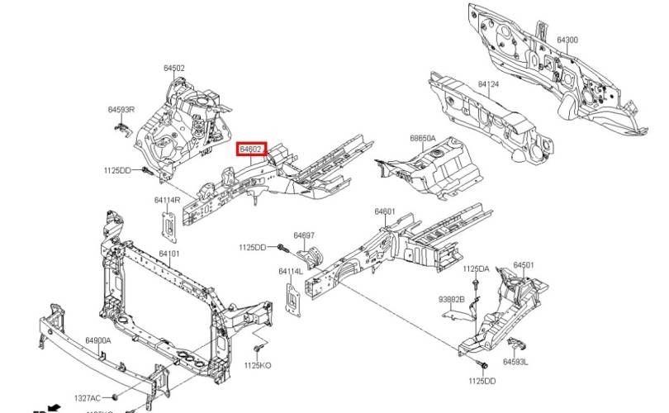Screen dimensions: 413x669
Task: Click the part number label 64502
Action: (173, 69)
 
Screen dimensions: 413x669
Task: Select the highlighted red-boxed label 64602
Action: (251, 150)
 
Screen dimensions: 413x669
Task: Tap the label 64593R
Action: (121, 109)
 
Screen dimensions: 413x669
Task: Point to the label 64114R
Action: (168, 200)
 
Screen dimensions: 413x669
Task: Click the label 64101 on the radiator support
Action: (169, 254)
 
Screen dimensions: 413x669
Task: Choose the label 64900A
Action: (98, 340)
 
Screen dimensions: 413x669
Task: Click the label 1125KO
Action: (258, 365)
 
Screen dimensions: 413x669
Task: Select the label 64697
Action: (304, 235)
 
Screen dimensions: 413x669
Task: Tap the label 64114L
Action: (291, 271)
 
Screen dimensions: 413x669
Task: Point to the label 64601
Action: (386, 212)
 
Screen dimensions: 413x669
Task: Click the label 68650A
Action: (422, 139)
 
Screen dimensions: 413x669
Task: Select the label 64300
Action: (567, 40)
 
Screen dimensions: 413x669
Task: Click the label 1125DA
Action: (476, 268)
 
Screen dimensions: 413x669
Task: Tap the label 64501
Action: (524, 265)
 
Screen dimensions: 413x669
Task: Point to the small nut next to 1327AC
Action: (117, 397)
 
